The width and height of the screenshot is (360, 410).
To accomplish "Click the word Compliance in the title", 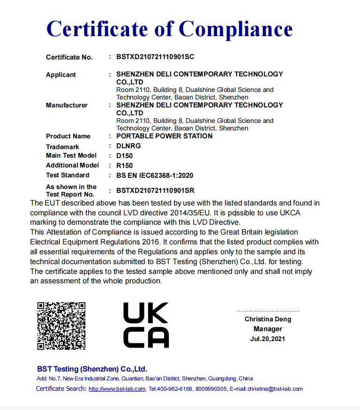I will [x=236, y=29].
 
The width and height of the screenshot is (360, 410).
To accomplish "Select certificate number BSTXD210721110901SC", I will [x=155, y=57].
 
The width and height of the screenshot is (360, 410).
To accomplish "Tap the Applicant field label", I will [x=61, y=75].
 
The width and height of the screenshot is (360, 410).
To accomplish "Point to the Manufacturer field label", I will [x=67, y=105].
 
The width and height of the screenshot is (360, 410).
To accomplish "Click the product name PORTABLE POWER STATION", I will [x=164, y=136].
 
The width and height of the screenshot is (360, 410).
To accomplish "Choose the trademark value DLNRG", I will [x=128, y=146].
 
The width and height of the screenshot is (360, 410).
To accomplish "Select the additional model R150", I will [x=125, y=166].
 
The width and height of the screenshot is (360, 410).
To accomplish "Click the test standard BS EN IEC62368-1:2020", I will [x=155, y=175].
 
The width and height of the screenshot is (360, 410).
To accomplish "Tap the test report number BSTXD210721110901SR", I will [x=155, y=190].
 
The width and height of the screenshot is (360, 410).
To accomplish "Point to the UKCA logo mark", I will [x=146, y=325].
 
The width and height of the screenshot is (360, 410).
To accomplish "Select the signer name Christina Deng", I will [x=268, y=319].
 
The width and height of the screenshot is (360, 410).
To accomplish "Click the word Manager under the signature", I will [x=268, y=329].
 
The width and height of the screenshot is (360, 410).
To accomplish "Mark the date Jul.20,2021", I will [x=268, y=339].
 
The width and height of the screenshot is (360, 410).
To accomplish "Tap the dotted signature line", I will [x=268, y=311].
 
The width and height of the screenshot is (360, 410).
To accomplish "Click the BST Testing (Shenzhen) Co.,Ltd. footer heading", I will [x=92, y=369].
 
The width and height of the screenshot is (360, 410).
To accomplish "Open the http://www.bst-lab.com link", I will [x=117, y=389].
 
